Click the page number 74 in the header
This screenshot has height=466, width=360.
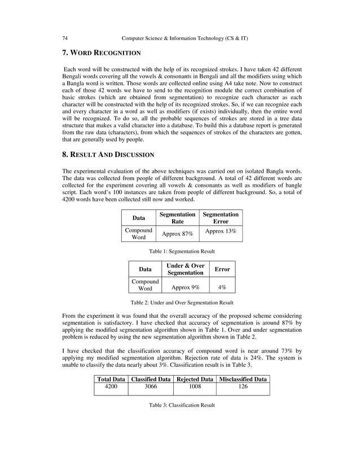(65, 38)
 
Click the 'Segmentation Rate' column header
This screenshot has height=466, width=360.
(178, 218)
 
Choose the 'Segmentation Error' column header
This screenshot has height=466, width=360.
(221, 218)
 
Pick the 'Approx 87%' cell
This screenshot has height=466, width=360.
(178, 234)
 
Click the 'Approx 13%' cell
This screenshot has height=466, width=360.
(221, 231)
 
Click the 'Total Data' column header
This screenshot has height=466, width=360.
(111, 379)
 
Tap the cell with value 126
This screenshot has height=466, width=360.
(243, 388)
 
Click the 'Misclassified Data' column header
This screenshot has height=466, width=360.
(243, 379)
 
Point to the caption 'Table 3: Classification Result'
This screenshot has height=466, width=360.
(181, 406)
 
